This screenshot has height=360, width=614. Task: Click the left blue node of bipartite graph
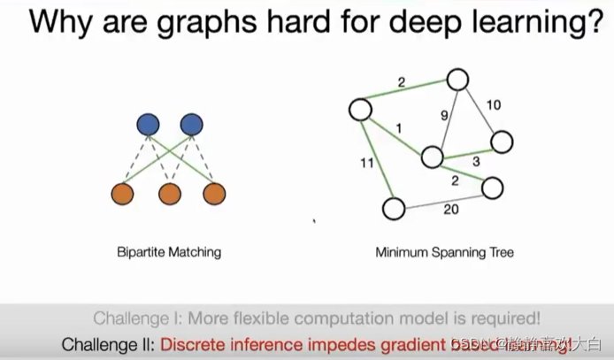tap(148, 125)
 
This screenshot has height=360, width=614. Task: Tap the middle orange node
tap(170, 194)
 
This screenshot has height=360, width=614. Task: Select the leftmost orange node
tap(125, 194)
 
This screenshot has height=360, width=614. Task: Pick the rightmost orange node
tap(214, 194)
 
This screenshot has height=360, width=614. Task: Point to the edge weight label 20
tap(450, 210)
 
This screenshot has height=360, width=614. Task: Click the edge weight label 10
tap(494, 105)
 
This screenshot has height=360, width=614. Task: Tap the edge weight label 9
tap(446, 114)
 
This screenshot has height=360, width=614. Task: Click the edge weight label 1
tap(398, 129)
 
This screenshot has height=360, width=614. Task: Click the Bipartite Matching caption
tap(169, 252)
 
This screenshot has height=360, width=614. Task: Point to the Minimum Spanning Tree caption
tap(444, 252)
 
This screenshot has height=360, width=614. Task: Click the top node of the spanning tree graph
tap(457, 80)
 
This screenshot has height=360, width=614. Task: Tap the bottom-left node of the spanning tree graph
tap(394, 209)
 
